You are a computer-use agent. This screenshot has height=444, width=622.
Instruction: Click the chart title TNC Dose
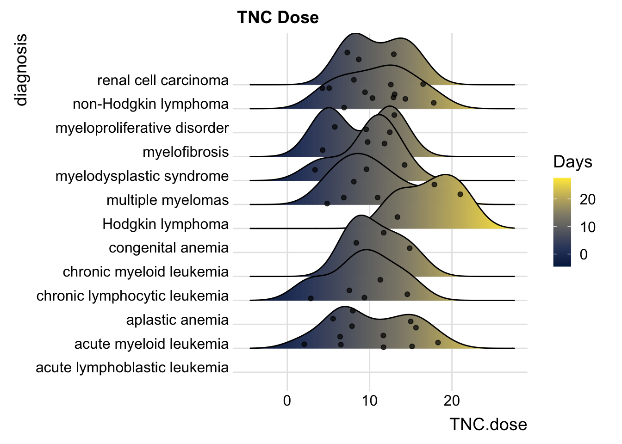(278, 18)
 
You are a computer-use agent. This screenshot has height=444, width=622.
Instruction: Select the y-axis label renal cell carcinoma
(163, 80)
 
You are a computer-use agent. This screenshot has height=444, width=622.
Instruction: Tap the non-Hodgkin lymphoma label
(150, 104)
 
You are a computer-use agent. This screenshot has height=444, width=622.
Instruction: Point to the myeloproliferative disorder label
(142, 128)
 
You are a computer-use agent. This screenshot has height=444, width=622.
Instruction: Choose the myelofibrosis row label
(186, 152)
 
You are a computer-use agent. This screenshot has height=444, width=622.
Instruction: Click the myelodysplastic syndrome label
(142, 176)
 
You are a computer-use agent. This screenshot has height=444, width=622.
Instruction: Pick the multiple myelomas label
(168, 200)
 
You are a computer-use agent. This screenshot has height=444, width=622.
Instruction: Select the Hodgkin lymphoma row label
(165, 224)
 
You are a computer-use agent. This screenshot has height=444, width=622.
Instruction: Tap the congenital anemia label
(168, 248)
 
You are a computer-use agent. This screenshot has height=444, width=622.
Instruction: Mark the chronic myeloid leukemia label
(146, 271)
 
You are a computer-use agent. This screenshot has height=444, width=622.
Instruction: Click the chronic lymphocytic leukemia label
(132, 296)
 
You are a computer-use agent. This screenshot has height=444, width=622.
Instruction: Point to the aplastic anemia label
(177, 320)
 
